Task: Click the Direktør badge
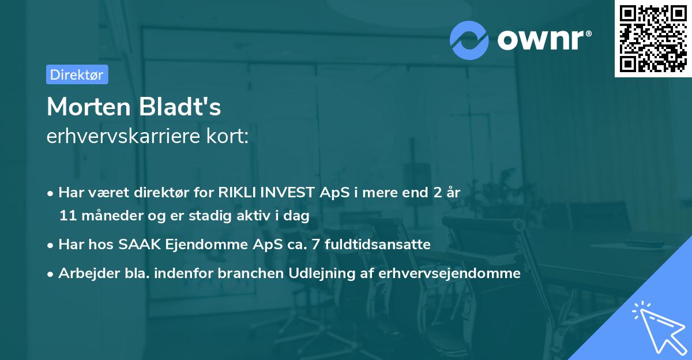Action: (x=77, y=74)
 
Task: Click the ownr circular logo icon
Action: (x=469, y=40)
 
